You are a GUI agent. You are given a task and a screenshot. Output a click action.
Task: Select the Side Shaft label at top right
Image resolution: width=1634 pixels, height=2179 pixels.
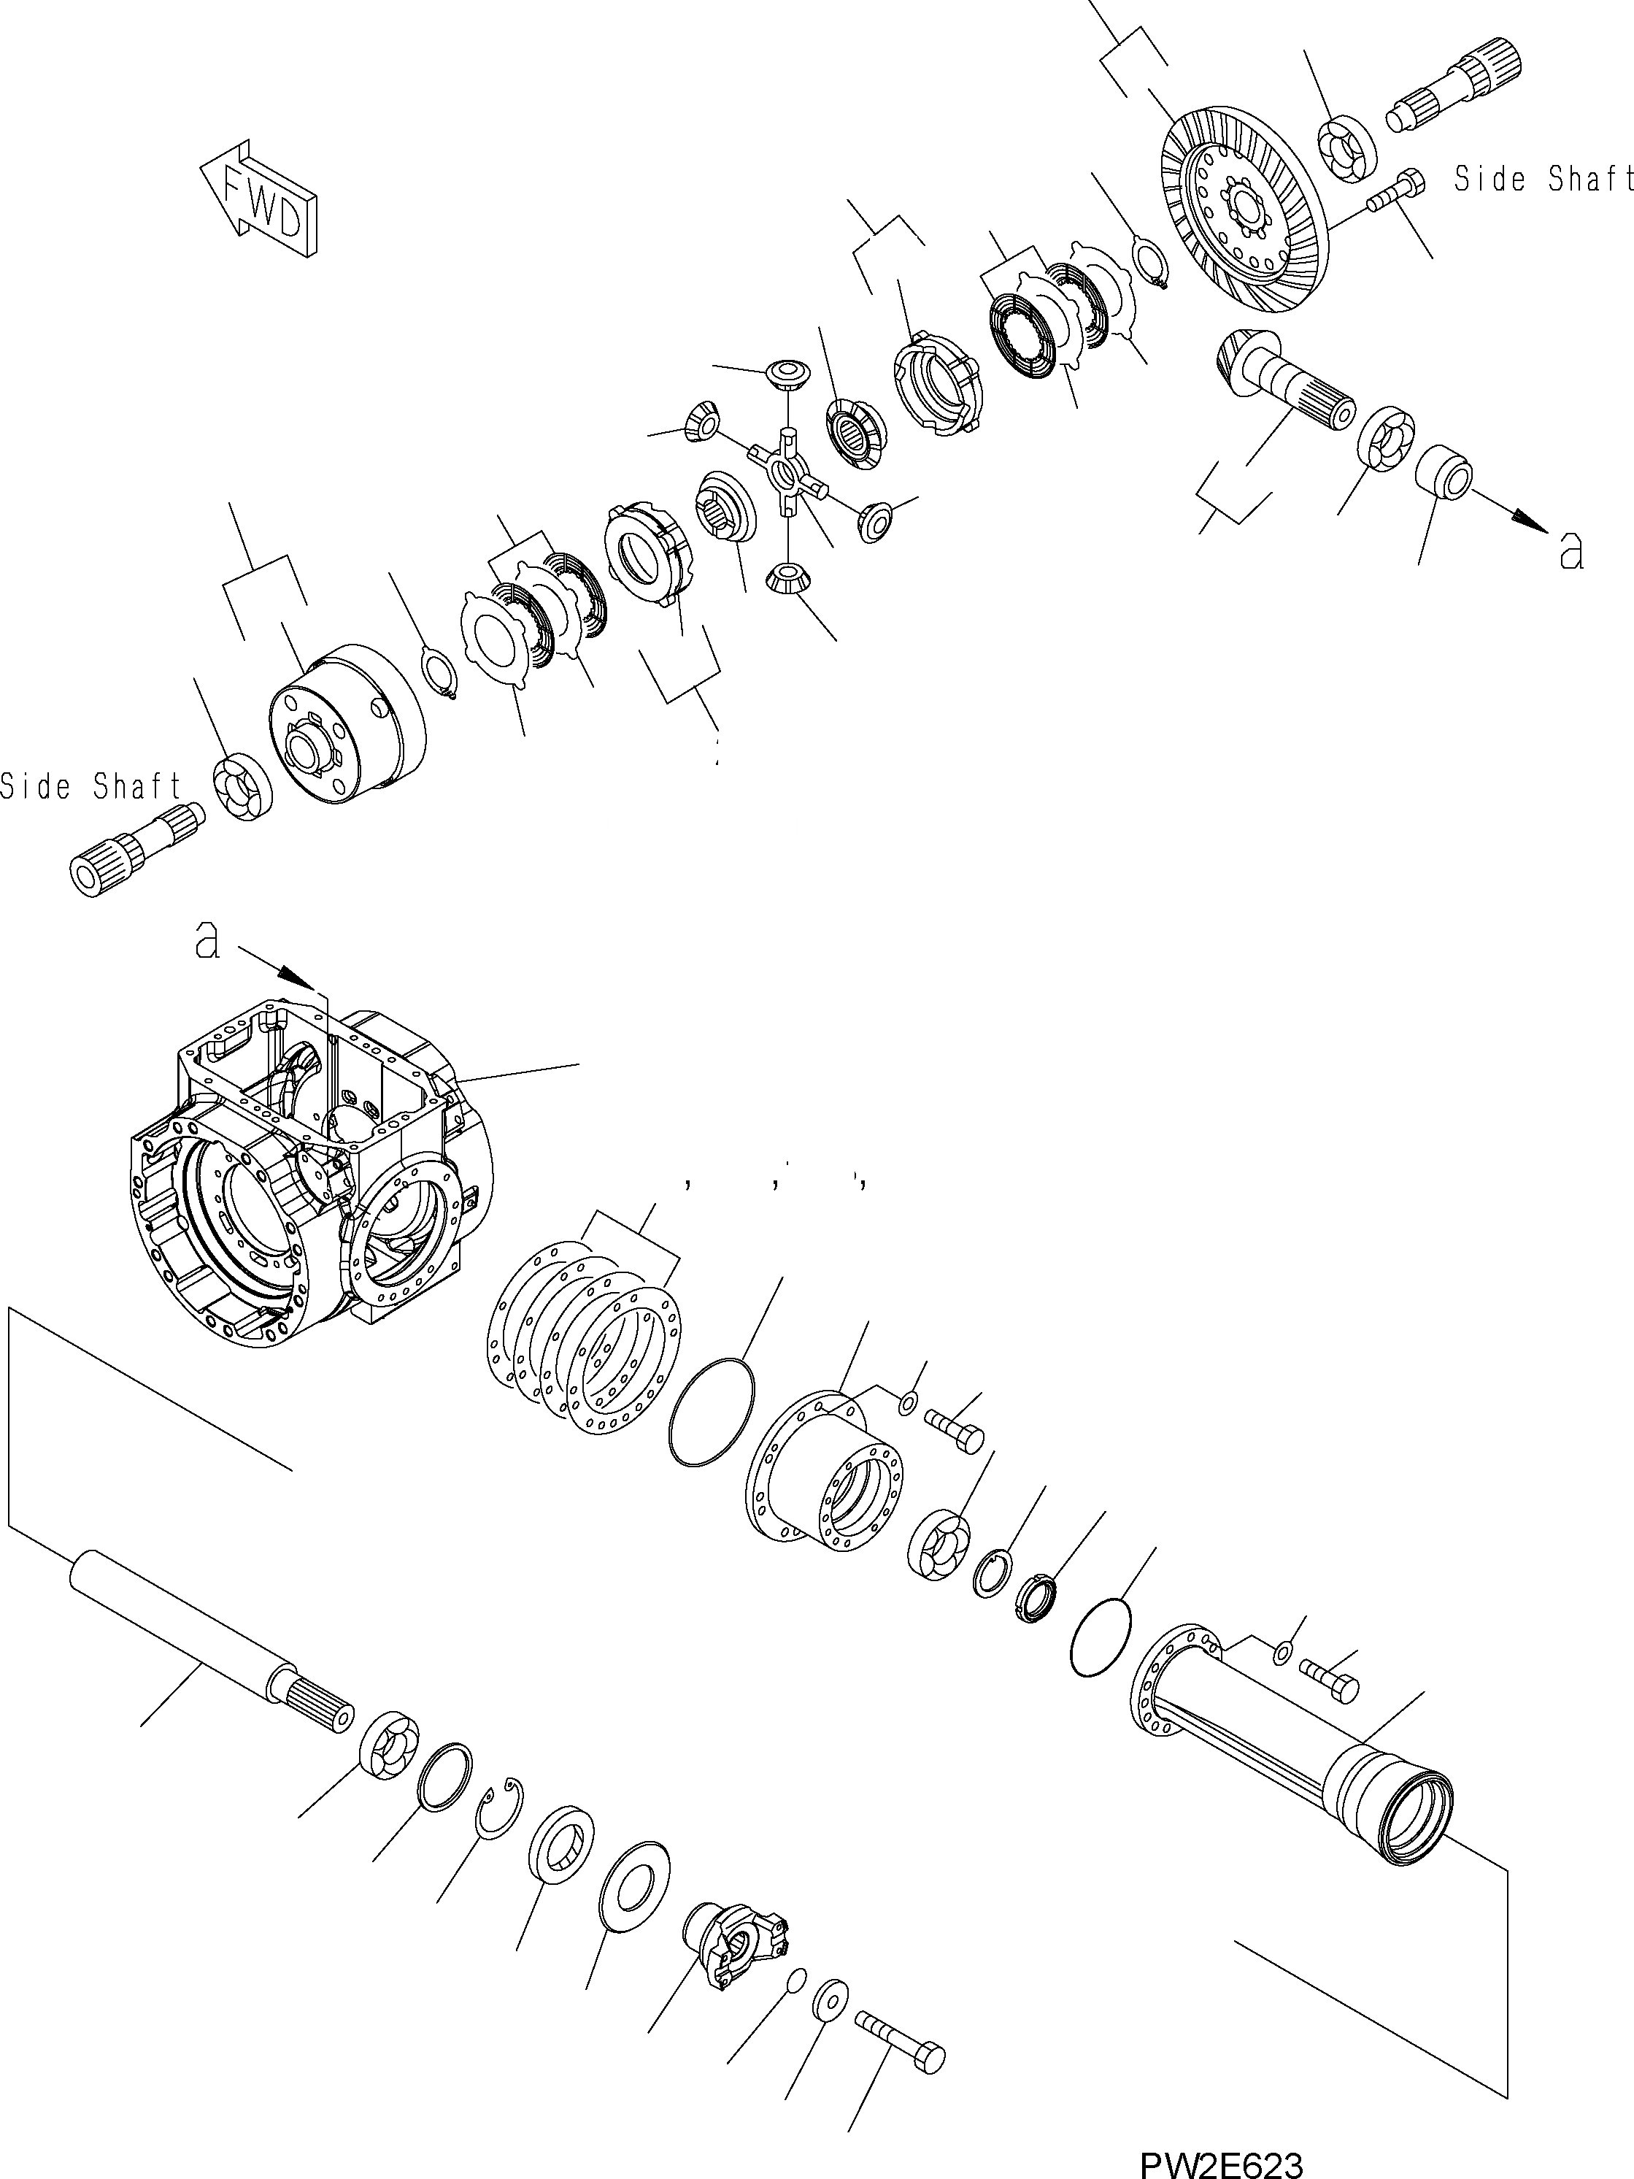(1542, 180)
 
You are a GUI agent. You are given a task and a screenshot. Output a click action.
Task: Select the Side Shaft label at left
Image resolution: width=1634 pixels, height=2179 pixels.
(90, 786)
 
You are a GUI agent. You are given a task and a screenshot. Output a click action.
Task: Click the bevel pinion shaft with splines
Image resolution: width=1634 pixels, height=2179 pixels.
(1279, 380)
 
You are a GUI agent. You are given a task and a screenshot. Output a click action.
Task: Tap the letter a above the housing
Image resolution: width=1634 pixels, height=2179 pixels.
(206, 941)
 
